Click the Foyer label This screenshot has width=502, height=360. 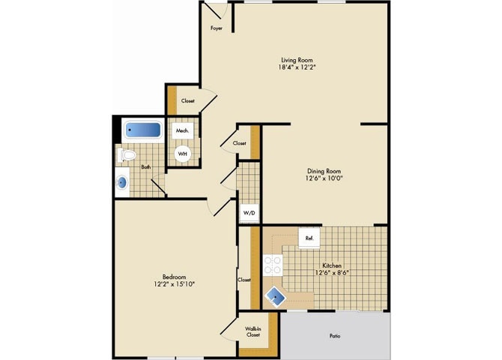pyautogui.click(x=215, y=28)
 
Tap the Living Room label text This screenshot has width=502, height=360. pyautogui.click(x=296, y=60)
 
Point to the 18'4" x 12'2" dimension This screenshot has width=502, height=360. pyautogui.click(x=296, y=67)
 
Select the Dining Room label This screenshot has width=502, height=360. pyautogui.click(x=324, y=171)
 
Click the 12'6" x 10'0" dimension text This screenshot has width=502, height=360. pyautogui.click(x=324, y=178)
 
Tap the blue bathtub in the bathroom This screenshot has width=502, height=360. pyautogui.click(x=142, y=130)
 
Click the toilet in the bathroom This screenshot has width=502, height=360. pyautogui.click(x=127, y=156)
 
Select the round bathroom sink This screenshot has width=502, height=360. pyautogui.click(x=122, y=181)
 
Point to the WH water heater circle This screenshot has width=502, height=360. pyautogui.click(x=183, y=154)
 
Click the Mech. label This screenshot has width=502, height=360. pyautogui.click(x=182, y=130)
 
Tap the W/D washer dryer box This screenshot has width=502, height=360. pyautogui.click(x=248, y=213)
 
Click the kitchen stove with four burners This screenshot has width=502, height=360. pyautogui.click(x=272, y=265)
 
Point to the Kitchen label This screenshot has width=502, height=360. pyautogui.click(x=333, y=265)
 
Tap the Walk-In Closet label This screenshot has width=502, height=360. pyautogui.click(x=253, y=332)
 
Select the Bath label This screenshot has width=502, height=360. pyautogui.click(x=145, y=167)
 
